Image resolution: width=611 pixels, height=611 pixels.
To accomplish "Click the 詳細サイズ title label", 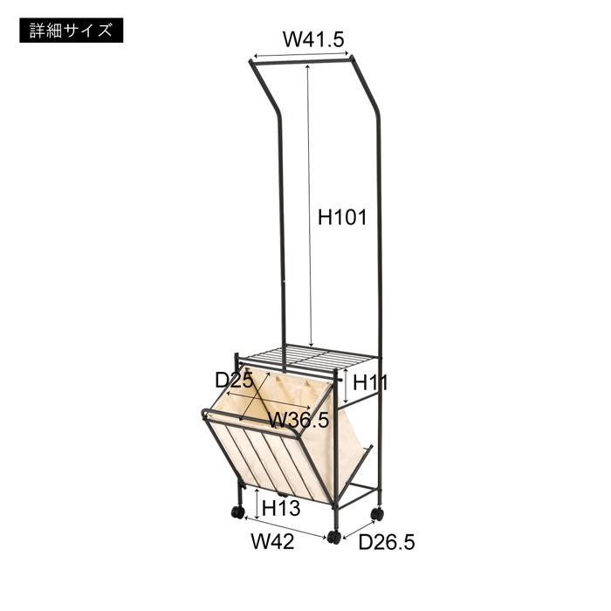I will (70, 31).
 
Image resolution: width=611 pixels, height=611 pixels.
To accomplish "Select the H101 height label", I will (342, 218).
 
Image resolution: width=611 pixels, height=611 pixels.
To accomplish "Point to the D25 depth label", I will (234, 380).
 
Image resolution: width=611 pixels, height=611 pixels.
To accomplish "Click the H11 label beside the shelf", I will (371, 381).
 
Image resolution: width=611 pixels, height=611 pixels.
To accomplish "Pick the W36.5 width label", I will (299, 420).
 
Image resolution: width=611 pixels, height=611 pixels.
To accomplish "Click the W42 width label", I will (272, 542).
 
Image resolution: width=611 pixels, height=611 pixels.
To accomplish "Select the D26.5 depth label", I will (387, 542).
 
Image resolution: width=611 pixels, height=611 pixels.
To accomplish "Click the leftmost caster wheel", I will (237, 512).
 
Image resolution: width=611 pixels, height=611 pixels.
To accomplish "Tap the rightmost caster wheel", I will (376, 514).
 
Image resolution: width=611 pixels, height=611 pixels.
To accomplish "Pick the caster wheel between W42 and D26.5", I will (333, 537).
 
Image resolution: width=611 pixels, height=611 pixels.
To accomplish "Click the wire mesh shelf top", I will (309, 355).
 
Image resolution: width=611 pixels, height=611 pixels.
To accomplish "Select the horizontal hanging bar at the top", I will (302, 59).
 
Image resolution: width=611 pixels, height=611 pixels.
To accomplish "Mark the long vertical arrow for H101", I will (308, 201).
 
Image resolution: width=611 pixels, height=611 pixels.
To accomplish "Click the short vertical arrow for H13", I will (257, 505).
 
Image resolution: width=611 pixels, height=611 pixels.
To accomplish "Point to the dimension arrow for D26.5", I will (360, 527).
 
